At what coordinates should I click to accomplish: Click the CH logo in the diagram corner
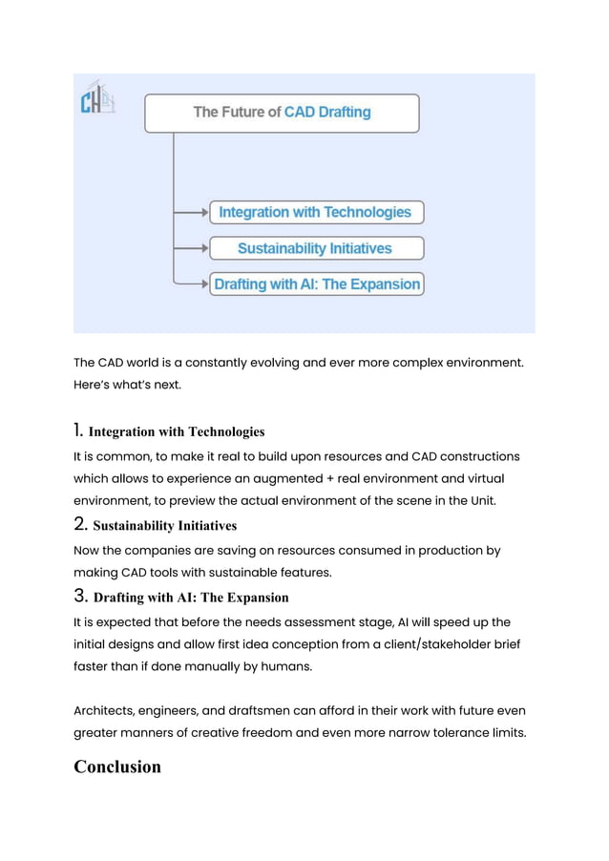(x=96, y=99)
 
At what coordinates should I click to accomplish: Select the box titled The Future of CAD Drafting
(x=282, y=113)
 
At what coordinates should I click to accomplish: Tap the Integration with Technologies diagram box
(x=316, y=212)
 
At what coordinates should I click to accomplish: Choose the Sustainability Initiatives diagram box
(x=316, y=248)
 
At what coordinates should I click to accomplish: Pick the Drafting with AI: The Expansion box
(x=316, y=284)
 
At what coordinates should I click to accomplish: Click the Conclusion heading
(x=117, y=766)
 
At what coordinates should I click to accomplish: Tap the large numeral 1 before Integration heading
(x=78, y=430)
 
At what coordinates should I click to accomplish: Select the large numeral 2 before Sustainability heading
(x=80, y=524)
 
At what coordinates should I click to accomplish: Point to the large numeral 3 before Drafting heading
(x=80, y=597)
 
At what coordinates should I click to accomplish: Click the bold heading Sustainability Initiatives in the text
(x=164, y=525)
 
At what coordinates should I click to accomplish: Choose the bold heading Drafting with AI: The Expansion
(x=191, y=598)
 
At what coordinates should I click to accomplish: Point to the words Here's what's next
(x=126, y=385)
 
